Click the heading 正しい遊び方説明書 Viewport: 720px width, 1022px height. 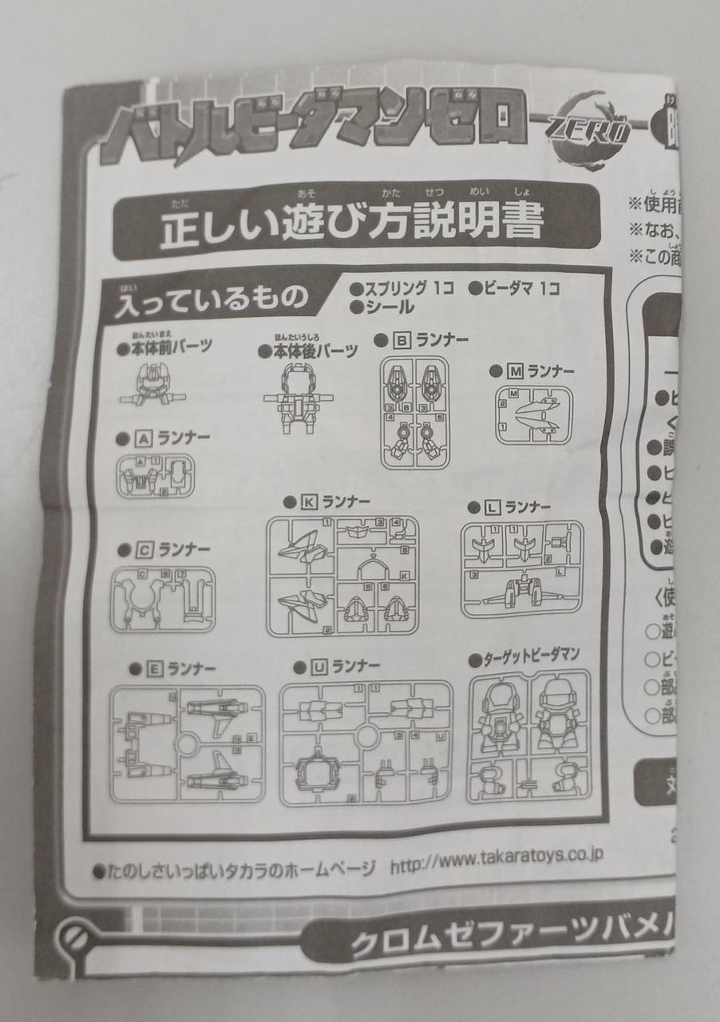pos(352,227)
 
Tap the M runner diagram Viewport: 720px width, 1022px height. pos(533,415)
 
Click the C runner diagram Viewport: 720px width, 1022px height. pos(163,600)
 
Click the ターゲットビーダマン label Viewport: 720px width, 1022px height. pos(530,660)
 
